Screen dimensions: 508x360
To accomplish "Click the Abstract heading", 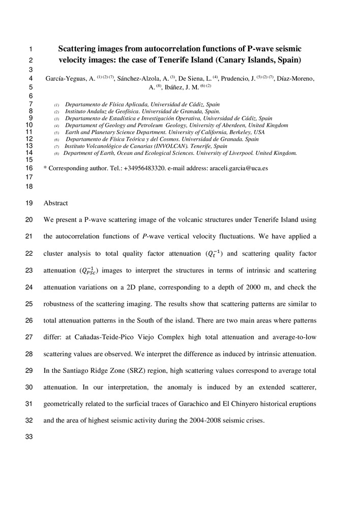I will (x=56, y=203).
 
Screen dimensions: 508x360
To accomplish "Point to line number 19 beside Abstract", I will (x=28, y=203).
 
